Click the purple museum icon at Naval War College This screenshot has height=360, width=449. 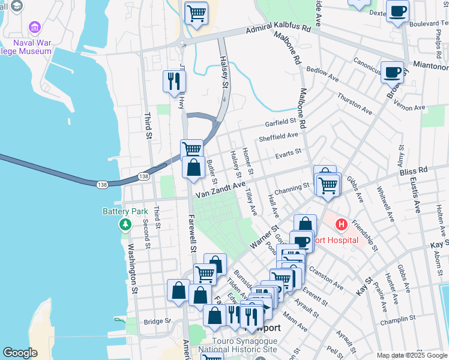click(34, 28)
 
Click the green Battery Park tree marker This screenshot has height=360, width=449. click(125, 224)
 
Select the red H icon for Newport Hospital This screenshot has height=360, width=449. click(341, 226)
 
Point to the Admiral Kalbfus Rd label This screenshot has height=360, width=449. click(278, 29)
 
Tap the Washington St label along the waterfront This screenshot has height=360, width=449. click(133, 269)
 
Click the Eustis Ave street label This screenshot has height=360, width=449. click(414, 191)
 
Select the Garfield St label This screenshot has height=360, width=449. click(282, 123)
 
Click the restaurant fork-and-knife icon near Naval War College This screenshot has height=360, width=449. click(174, 81)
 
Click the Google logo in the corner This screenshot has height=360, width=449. click(20, 353)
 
